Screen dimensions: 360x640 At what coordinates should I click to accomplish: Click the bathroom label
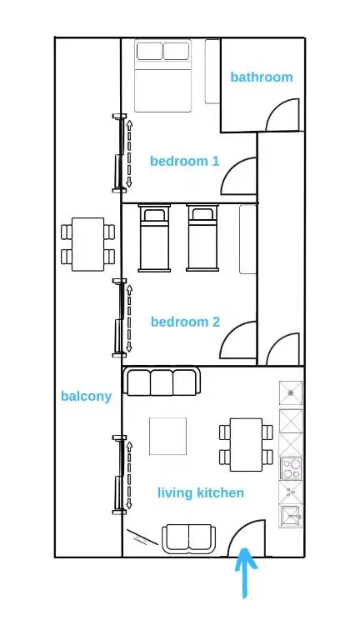(261, 77)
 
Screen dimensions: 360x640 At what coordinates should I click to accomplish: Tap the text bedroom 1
(184, 161)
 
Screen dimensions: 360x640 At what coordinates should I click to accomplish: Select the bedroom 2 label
(185, 322)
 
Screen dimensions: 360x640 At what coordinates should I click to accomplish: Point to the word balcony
(86, 397)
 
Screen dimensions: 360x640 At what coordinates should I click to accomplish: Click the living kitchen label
(201, 492)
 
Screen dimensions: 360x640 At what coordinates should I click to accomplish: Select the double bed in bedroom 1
(162, 76)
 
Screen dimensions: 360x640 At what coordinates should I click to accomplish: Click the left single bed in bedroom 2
(154, 237)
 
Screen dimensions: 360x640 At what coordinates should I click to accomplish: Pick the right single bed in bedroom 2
(202, 237)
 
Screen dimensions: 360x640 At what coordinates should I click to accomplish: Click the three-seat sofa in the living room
(162, 382)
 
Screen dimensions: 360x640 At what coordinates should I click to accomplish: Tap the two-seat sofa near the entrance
(189, 539)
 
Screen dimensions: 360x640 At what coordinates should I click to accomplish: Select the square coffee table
(167, 436)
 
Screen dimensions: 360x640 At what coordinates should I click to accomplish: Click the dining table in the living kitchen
(246, 444)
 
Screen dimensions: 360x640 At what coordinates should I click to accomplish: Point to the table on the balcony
(87, 244)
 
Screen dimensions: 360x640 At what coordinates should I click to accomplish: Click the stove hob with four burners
(291, 468)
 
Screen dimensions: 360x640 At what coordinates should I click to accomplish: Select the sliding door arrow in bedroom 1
(129, 153)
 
